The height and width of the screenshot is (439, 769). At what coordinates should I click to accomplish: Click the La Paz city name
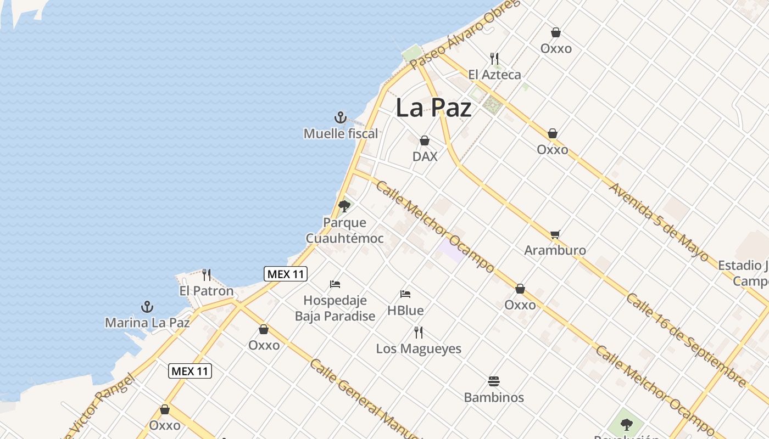[x=433, y=108]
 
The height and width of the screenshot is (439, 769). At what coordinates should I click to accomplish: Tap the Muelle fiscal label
[x=341, y=133]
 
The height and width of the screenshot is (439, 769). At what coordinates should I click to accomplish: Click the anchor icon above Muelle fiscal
[x=341, y=117]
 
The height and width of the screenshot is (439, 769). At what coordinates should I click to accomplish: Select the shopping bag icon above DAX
[x=425, y=141]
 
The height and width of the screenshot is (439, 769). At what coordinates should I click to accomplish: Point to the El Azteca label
[x=494, y=75]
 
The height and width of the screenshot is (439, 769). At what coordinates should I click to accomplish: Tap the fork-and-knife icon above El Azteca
[x=494, y=58]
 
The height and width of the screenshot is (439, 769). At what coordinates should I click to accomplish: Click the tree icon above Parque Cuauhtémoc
[x=344, y=206]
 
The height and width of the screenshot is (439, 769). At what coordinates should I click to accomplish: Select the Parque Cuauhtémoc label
[x=344, y=230]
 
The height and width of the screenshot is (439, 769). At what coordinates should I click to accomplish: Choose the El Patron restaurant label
[x=207, y=291]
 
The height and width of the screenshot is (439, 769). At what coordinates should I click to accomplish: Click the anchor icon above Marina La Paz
[x=147, y=307]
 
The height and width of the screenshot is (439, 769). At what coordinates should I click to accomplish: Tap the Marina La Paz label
[x=147, y=323]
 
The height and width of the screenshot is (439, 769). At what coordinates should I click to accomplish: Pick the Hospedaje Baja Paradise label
[x=335, y=308]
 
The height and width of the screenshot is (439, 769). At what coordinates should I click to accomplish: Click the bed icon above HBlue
[x=405, y=294]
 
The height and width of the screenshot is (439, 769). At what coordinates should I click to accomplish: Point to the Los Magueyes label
[x=419, y=349]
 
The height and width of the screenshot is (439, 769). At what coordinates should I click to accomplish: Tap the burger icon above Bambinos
[x=494, y=381]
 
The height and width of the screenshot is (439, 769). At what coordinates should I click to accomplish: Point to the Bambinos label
[x=494, y=397]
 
